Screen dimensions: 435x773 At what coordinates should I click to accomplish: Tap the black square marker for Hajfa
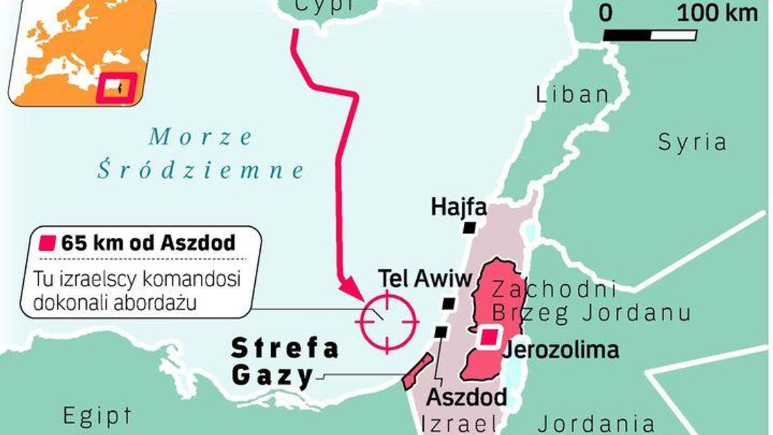click(x=470, y=227)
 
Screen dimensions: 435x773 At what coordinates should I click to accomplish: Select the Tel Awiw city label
click(x=425, y=278)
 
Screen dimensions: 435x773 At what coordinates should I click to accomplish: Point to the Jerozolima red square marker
click(x=491, y=337)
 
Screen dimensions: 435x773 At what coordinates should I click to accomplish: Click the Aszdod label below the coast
click(x=467, y=396)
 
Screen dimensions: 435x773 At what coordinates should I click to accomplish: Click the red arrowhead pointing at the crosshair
click(x=351, y=290)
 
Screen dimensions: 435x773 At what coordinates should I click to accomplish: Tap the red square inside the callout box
click(x=48, y=243)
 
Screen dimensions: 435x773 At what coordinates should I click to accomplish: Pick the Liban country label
click(x=572, y=95)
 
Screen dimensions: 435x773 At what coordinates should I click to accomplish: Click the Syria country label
click(x=692, y=142)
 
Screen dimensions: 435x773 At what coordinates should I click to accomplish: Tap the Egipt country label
click(x=97, y=416)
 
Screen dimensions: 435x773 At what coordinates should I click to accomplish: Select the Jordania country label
click(x=596, y=423)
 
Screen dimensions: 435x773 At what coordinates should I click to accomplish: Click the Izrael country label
click(x=459, y=423)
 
